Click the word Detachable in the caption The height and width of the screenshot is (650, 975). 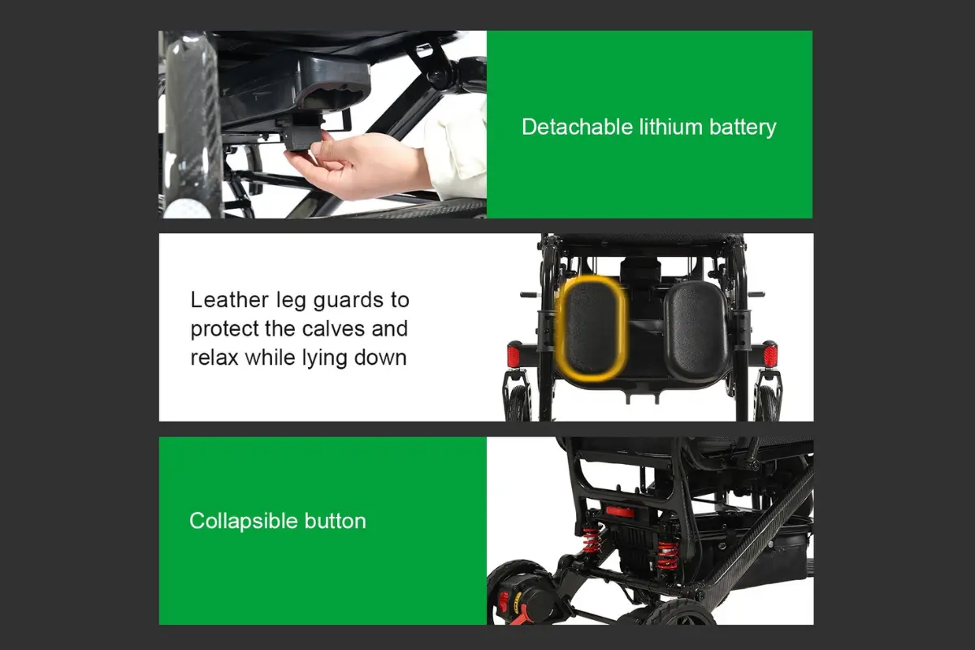[x=577, y=127]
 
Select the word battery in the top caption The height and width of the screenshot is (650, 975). [x=743, y=128]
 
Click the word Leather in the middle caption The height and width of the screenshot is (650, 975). [x=229, y=300]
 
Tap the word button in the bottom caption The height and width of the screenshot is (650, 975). [x=335, y=521]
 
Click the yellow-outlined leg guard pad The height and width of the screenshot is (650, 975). [x=592, y=327]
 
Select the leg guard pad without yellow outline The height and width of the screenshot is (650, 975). [x=696, y=330]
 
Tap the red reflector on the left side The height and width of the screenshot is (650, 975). [x=513, y=357]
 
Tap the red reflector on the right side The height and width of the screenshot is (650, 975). [x=770, y=355]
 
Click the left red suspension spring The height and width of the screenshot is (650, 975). [x=591, y=539]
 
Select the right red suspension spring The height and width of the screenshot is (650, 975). [x=666, y=555]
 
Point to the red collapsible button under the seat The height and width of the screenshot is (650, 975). [x=620, y=511]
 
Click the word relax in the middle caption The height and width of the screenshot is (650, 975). [x=214, y=357]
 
